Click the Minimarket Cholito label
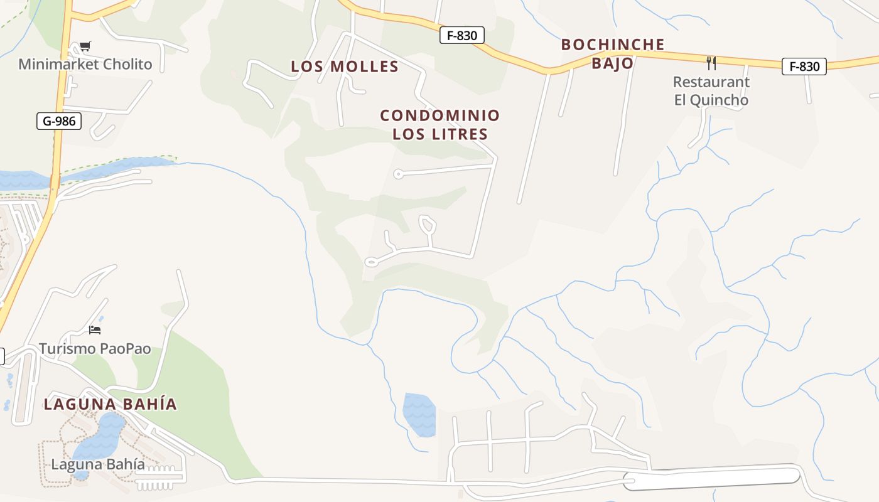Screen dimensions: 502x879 tap(85, 64)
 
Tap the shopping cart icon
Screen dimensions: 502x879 tap(85, 46)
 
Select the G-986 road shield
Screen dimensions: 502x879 tap(60, 121)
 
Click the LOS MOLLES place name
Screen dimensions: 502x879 tap(345, 67)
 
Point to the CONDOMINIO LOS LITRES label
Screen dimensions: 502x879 tap(439, 124)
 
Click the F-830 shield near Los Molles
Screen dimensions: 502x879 tap(461, 36)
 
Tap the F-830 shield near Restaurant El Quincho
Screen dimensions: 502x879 tap(804, 67)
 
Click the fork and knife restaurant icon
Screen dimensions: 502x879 tap(711, 63)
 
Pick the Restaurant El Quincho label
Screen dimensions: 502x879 tap(711, 91)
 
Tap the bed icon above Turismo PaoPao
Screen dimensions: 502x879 tap(95, 329)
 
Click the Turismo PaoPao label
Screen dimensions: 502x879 tap(95, 348)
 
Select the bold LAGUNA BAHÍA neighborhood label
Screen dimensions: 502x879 tap(111, 404)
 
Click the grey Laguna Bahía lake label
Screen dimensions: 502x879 tap(98, 464)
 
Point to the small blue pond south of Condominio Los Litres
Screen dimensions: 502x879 tap(419, 414)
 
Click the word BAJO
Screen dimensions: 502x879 tap(612, 63)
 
